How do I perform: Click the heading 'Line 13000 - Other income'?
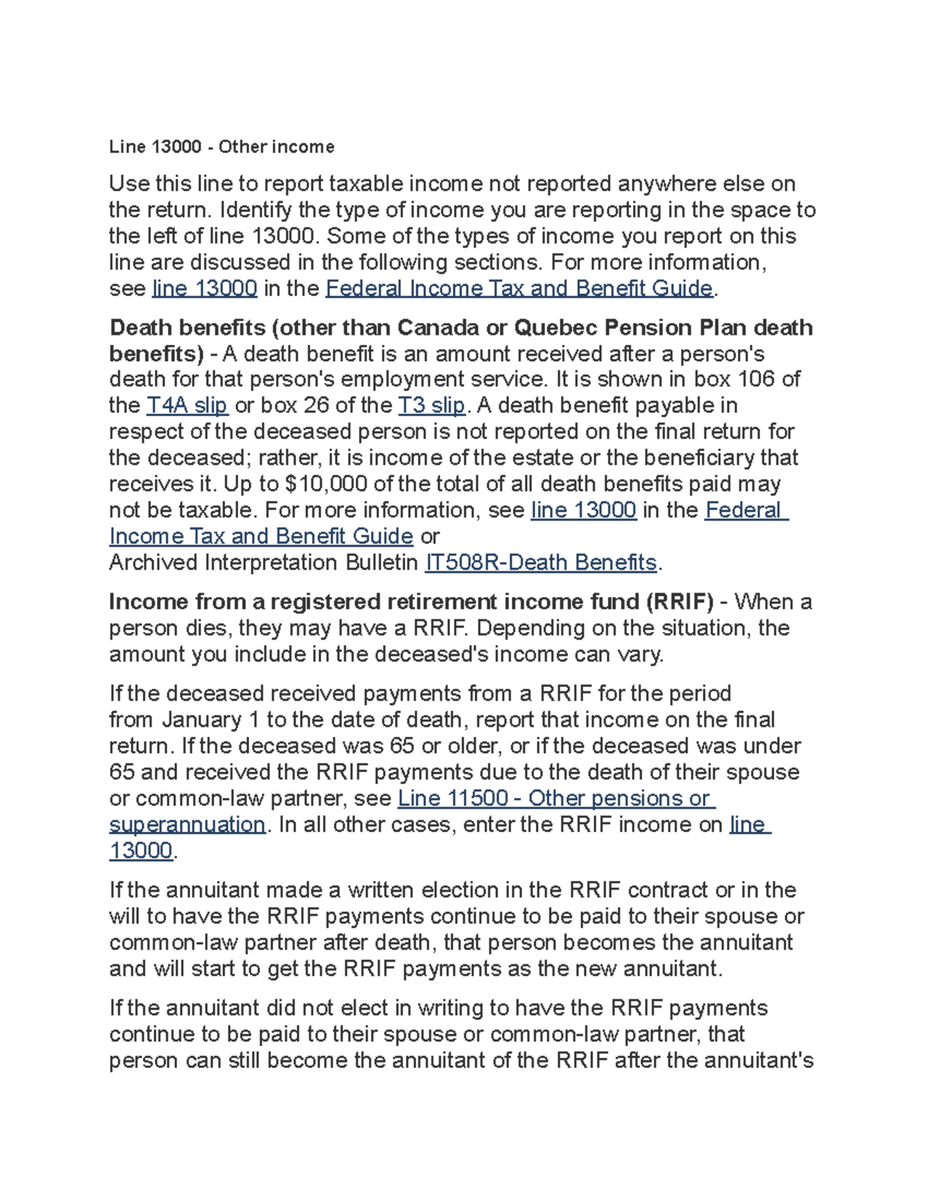coord(221,147)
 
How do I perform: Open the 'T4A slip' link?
coord(187,405)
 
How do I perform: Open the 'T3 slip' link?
coord(431,405)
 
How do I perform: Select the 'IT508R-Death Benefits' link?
coord(541,562)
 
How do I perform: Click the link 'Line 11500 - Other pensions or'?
coord(556,798)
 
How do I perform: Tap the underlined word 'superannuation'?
coord(187,824)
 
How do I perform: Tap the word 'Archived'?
coord(153,562)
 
